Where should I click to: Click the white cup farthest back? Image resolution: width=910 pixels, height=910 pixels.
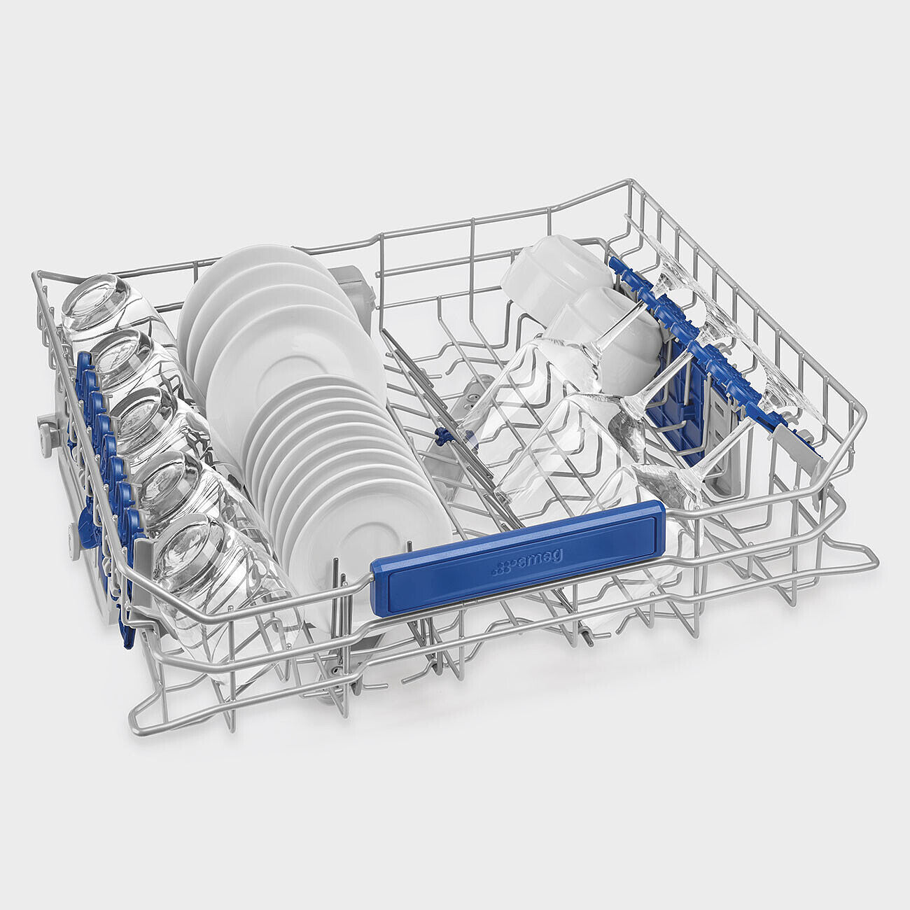click(553, 276)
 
